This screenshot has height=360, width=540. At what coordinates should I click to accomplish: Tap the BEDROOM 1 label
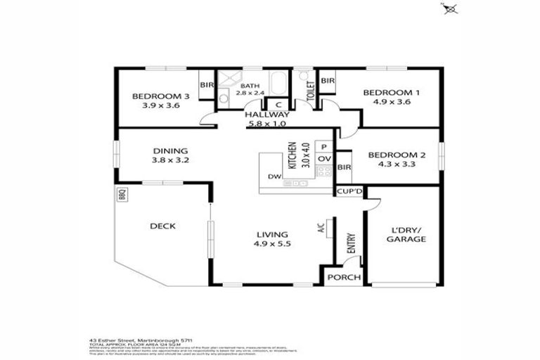point(392,93)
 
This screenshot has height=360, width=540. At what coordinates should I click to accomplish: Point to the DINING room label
point(171,150)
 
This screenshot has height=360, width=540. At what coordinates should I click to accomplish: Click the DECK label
point(162,226)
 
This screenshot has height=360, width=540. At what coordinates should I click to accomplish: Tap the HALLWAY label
point(267,115)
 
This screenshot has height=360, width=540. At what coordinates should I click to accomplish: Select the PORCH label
point(345,277)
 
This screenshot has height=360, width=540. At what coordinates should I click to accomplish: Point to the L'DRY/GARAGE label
point(406,235)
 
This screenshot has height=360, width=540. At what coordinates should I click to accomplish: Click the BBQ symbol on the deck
point(121,194)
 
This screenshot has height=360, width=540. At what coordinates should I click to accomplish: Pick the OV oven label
point(323,160)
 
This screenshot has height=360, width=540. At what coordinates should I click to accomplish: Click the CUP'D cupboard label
point(349,191)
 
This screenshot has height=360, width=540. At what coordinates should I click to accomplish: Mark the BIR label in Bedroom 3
point(207,86)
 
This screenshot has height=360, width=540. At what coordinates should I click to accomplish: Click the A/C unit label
point(321,227)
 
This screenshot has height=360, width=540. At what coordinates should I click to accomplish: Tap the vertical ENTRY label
point(351,243)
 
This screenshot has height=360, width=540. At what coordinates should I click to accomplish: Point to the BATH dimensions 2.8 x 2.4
point(250,93)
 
